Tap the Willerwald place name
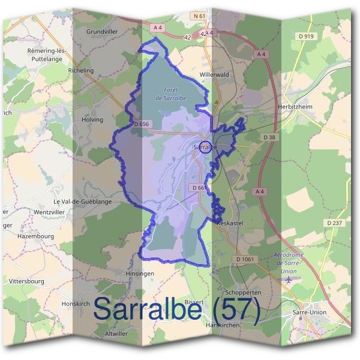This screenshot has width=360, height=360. [215, 76]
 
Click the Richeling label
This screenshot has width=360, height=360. [82, 70]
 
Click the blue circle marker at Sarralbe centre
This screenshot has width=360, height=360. [205, 146]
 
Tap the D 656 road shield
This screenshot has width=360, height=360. [142, 124]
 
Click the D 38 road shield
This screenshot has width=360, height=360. [269, 137]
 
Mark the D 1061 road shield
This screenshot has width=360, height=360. [245, 259]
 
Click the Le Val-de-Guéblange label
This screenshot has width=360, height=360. [83, 202]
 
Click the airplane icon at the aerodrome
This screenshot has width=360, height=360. [291, 279]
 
